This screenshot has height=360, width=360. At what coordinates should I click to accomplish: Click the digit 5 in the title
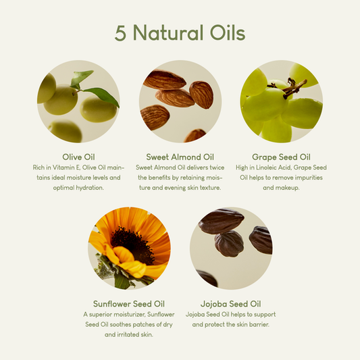click(x=120, y=34)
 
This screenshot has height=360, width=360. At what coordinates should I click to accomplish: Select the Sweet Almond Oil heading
click(x=180, y=156)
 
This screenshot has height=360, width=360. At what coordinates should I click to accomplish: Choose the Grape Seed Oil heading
click(x=281, y=156)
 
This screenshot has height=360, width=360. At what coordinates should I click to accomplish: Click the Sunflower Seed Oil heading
click(x=129, y=303)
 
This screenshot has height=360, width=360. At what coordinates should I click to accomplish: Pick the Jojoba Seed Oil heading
click(x=230, y=303)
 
